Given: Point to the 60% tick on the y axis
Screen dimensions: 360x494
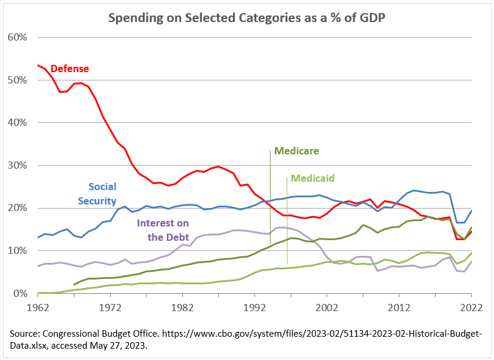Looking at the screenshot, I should click(x=18, y=37).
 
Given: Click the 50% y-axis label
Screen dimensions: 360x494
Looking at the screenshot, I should click(x=18, y=80).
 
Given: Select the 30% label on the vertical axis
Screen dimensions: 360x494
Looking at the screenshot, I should click(x=18, y=165).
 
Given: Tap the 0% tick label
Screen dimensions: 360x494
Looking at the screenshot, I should click(x=20, y=293).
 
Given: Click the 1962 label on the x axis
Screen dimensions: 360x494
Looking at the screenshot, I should click(x=38, y=308).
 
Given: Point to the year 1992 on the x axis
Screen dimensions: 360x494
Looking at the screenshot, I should click(x=254, y=308).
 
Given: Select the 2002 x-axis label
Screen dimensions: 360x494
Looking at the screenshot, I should click(x=327, y=308).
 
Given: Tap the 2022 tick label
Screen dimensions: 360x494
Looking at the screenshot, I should click(x=471, y=308).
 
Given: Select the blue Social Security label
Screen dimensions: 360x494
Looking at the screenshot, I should click(x=102, y=194).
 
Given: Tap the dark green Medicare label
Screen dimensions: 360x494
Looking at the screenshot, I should click(x=296, y=151).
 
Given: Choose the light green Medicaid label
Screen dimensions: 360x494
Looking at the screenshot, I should click(x=312, y=178).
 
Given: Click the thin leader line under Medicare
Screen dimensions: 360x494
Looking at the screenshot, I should click(x=271, y=179).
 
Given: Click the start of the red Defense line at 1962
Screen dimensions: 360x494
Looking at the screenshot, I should click(x=38, y=65).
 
